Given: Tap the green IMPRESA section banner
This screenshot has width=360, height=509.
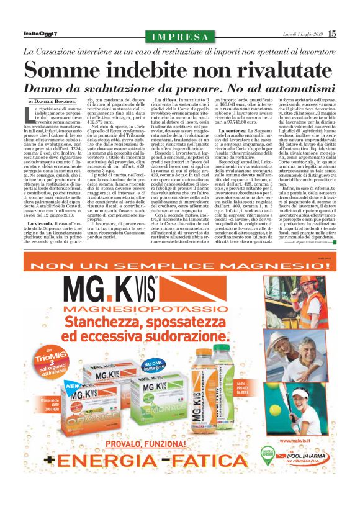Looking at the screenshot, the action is tap(179, 36).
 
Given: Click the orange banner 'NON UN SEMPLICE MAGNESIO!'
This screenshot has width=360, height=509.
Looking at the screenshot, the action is tap(179, 268).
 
